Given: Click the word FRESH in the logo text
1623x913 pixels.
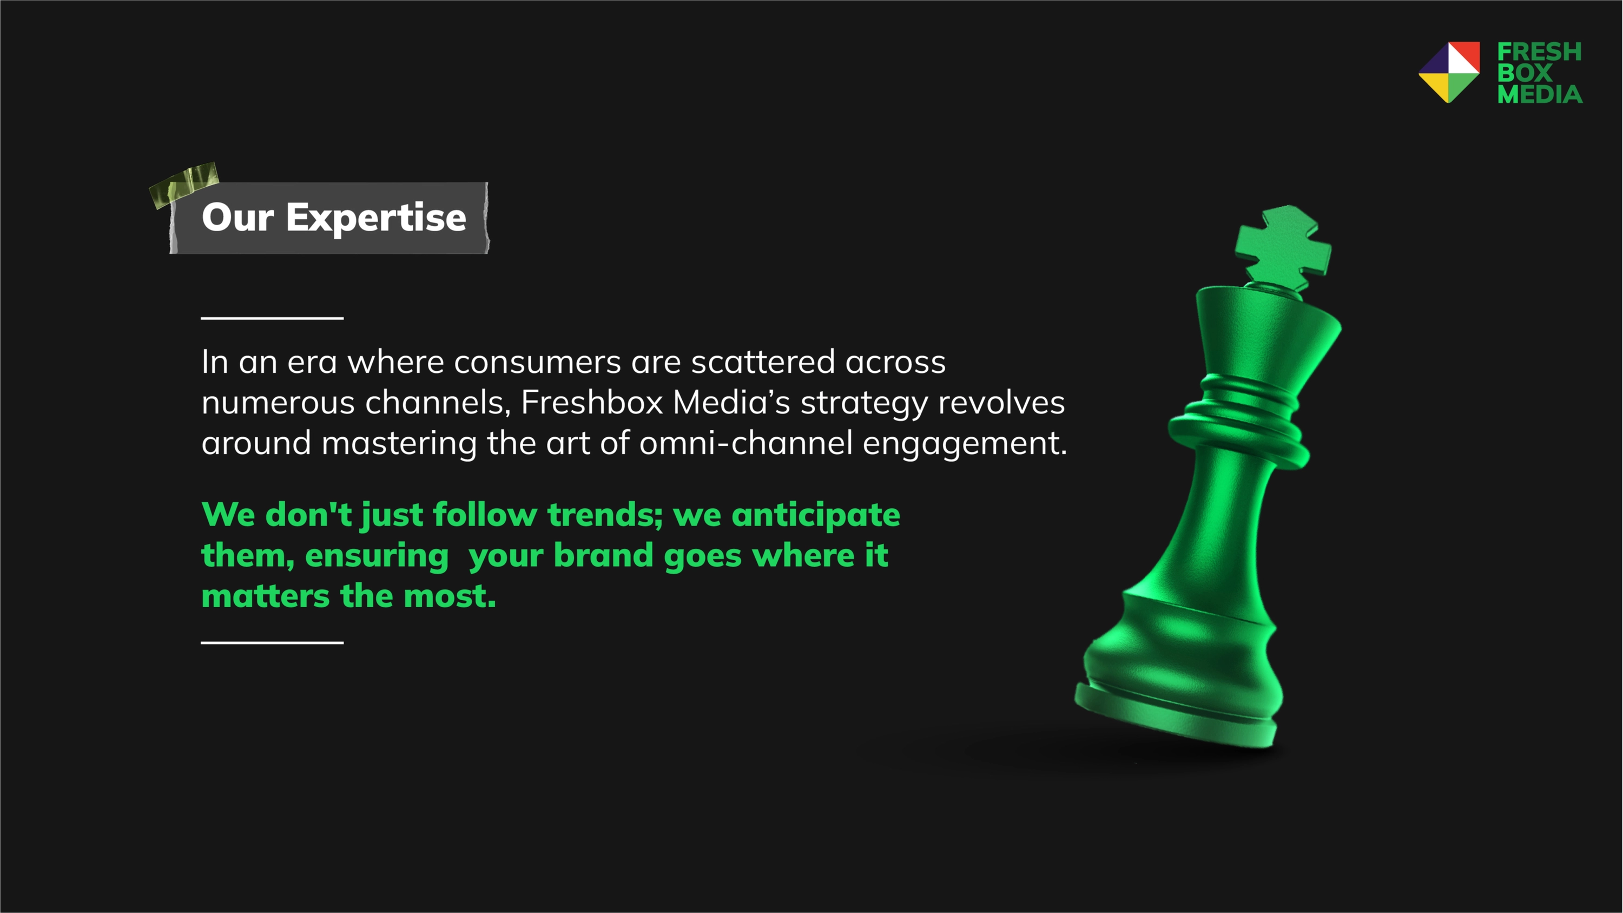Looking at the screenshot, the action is [x=1539, y=51].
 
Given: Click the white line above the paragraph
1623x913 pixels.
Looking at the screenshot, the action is [x=272, y=318].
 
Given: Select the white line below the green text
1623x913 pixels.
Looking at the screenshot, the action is [x=272, y=643].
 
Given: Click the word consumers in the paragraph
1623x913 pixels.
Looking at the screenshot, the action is [x=537, y=362].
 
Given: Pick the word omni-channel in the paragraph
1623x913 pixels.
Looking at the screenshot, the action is [x=746, y=442].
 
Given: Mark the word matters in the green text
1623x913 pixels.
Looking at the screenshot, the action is [x=265, y=596].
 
